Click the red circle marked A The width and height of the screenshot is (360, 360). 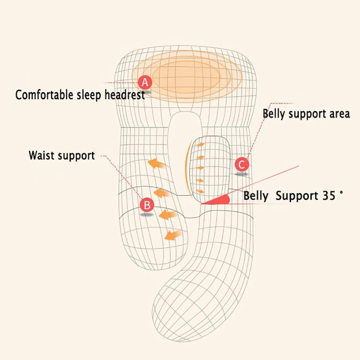coord(145,82)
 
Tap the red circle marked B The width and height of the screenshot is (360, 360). coord(147,204)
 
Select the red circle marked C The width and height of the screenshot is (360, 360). coord(242,165)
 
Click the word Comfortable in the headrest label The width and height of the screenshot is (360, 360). coord(44,95)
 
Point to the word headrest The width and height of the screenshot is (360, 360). coord(125,95)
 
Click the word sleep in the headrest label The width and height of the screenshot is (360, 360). coord(89,95)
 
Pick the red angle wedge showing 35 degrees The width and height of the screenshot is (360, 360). coord(218,200)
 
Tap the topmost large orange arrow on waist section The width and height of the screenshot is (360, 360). coord(156,164)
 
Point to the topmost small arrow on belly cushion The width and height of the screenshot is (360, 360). coord(201,145)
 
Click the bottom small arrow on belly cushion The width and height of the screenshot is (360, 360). coord(200,191)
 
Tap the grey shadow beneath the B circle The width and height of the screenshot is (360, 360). coord(147,215)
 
